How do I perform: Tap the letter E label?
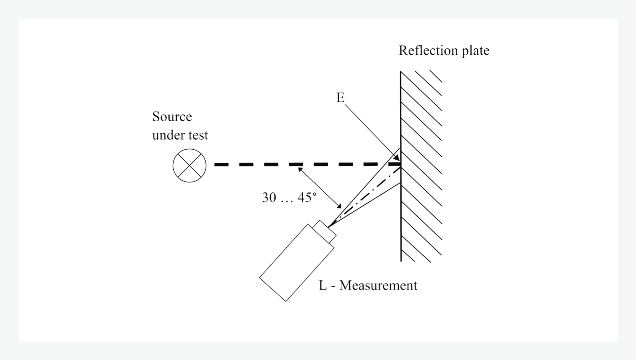point(340,98)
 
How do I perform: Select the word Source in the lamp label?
point(172,116)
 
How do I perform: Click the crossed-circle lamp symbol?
point(189,166)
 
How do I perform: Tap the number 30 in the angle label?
point(269,197)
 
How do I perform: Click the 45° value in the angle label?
point(307,197)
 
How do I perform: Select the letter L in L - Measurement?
point(323,285)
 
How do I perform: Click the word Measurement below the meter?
point(378,285)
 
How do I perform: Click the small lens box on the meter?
point(324,231)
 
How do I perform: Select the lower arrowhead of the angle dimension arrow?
point(339,206)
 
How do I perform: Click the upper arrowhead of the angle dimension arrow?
point(300,170)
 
